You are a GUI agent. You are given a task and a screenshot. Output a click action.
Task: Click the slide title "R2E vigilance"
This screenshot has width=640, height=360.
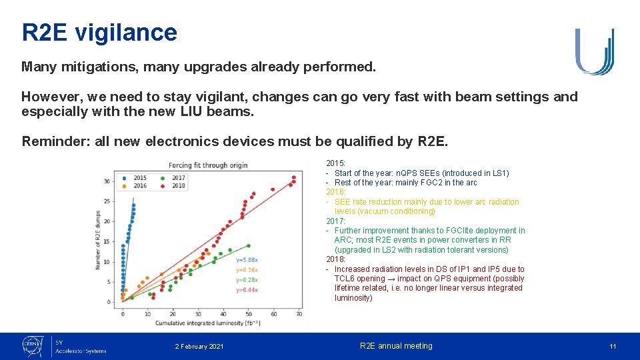(99, 32)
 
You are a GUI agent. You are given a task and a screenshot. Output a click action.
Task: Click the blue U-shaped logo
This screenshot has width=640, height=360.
(594, 51)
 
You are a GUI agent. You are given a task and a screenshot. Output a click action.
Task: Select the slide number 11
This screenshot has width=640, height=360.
(613, 347)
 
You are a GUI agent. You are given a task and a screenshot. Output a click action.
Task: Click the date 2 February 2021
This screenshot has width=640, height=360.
(199, 347)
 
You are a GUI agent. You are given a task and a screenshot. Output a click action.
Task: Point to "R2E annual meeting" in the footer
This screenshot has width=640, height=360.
(396, 346)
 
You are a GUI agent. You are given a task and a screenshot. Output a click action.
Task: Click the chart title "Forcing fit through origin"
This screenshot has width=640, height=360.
(208, 165)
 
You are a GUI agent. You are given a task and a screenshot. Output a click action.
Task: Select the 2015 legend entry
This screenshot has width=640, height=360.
(136, 178)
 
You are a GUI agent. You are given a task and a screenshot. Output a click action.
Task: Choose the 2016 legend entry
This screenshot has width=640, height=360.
(136, 186)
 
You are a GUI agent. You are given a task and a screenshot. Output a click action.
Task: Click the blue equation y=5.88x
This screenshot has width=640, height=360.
(247, 259)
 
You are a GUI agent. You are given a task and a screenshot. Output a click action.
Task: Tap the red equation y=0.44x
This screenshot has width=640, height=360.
(247, 290)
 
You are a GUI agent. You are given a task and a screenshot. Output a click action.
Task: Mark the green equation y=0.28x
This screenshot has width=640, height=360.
(247, 280)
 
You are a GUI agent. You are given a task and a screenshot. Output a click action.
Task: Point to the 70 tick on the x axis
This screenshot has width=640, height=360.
(299, 313)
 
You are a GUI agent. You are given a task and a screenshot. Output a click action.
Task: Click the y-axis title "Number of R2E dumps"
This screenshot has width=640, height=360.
(98, 237)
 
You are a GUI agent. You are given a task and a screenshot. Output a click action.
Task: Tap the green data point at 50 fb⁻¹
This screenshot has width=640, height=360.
(249, 245)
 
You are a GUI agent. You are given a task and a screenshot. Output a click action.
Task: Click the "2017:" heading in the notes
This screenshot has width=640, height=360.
(335, 221)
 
